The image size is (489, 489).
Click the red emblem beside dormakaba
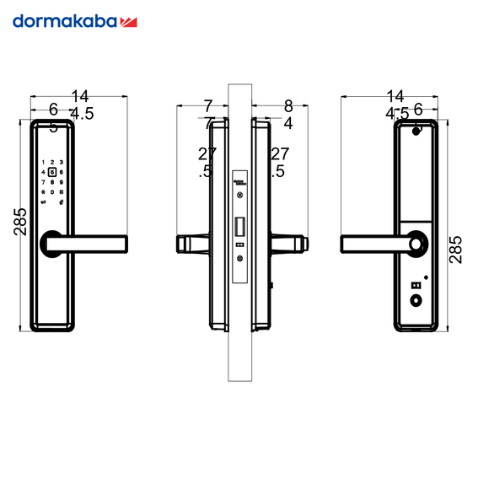pos(129,21)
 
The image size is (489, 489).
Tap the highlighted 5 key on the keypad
pos(52,172)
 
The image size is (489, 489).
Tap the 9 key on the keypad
pos(62,181)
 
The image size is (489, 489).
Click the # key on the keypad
pos(62,191)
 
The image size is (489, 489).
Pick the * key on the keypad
pos(43,191)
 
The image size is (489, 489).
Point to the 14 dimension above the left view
pos(80,96)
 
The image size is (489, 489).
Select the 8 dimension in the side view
pos(288,106)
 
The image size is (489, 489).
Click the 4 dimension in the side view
pos(287,123)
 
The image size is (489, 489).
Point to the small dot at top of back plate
pos(415,131)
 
